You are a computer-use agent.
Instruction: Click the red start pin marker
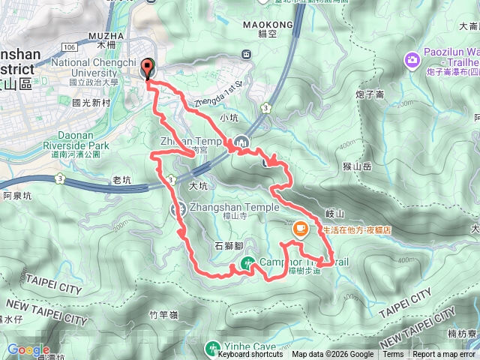pyautogui.click(x=146, y=69)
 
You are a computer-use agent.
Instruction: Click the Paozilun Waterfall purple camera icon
pyautogui.click(x=412, y=59)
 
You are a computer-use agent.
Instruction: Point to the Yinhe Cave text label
pyautogui.click(x=247, y=347)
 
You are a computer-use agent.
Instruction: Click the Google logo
pyautogui.click(x=28, y=349)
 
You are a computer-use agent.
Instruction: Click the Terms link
pyautogui.click(x=393, y=355)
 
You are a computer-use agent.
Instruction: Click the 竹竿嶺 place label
pyautogui.click(x=163, y=316)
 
